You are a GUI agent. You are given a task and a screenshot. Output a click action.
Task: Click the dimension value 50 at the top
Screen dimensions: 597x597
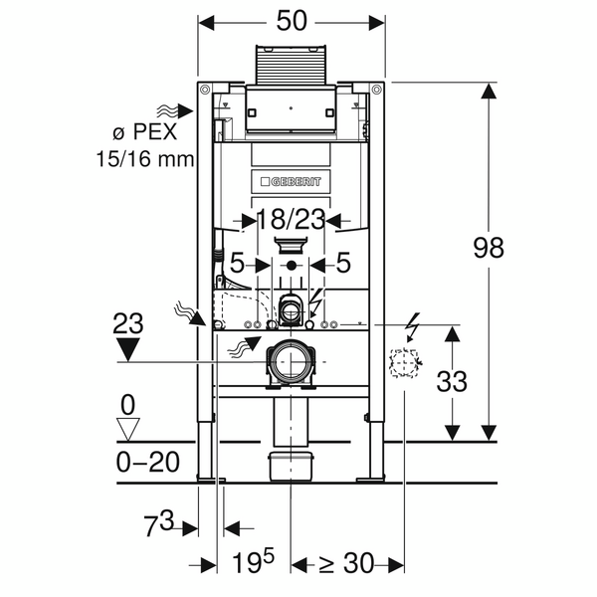pos(292,20)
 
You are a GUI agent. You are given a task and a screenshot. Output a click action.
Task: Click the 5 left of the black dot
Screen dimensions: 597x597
pos(237,265)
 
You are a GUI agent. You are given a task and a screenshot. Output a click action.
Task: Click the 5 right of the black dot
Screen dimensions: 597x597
pos(343,265)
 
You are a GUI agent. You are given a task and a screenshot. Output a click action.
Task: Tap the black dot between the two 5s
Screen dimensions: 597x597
pos(292,266)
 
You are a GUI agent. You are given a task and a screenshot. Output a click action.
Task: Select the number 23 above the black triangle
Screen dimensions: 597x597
pos(129,323)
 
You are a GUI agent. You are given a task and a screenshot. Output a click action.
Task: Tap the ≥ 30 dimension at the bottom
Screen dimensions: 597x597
pos(341,564)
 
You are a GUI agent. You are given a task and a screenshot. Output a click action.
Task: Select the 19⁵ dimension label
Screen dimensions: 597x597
pos(254,563)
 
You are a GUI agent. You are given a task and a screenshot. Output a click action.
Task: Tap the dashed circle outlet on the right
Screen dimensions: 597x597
pos(405,365)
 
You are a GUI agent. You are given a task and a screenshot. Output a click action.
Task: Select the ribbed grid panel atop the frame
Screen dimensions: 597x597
pos(292,63)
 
